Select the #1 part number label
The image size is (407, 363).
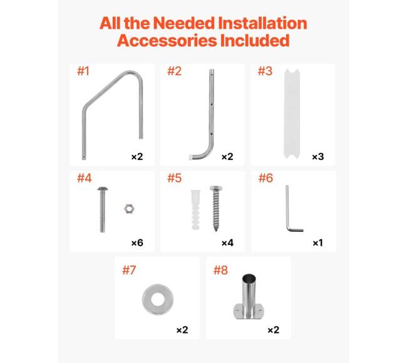[83, 71]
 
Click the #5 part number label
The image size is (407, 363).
[175, 178]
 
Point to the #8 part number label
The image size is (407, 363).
[220, 271]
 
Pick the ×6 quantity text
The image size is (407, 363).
[137, 243]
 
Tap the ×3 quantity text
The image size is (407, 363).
[318, 157]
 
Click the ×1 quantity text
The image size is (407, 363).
[318, 243]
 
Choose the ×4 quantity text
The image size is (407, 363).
[228, 243]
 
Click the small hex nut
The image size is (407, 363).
[129, 209]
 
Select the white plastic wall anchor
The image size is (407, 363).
[195, 210]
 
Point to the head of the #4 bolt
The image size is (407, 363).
[103, 189]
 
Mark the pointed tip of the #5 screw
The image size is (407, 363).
[215, 230]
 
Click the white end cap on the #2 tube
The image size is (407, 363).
[190, 157]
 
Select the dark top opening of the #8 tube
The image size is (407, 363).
[249, 277]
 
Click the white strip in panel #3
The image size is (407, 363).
[292, 114]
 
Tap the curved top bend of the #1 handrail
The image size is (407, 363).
[133, 74]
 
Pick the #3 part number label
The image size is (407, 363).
[265, 71]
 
